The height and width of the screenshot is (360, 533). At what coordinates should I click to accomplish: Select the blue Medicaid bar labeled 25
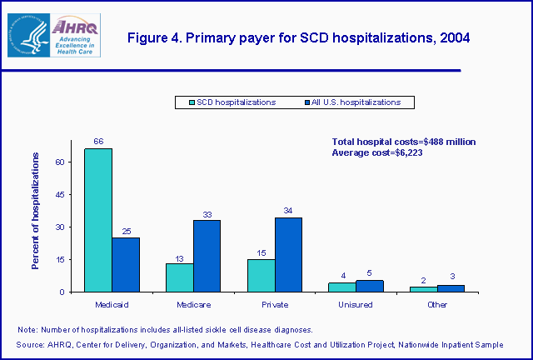point(126,264)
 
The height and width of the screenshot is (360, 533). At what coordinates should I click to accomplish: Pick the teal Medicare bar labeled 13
point(180,277)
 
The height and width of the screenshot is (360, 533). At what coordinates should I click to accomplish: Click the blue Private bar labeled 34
point(288,254)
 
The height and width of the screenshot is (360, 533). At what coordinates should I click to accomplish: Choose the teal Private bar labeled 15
point(262,275)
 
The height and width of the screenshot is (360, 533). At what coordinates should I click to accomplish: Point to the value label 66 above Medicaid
point(98,142)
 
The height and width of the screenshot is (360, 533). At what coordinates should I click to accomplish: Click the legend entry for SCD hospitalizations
point(229,102)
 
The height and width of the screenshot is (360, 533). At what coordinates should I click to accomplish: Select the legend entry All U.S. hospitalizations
point(358,102)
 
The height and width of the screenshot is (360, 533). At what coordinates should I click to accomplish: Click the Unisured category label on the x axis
point(356,304)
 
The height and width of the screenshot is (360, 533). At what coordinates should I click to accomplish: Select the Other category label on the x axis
point(437,304)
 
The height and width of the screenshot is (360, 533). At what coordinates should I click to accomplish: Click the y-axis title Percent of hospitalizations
point(36,210)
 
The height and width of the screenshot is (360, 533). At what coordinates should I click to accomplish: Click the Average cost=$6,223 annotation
point(377,152)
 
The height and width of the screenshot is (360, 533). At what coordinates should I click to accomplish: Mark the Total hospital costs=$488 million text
point(404,142)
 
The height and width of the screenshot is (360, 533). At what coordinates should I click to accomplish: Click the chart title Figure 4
point(297,37)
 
